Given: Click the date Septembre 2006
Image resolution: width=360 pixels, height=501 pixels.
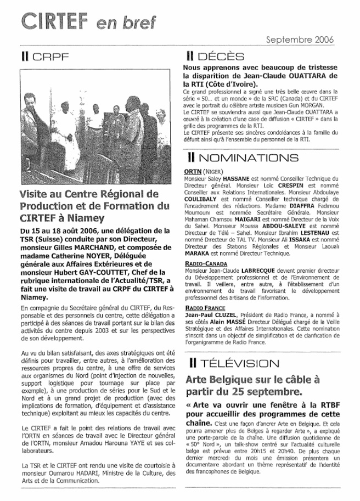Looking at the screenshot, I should [x=300, y=40].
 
